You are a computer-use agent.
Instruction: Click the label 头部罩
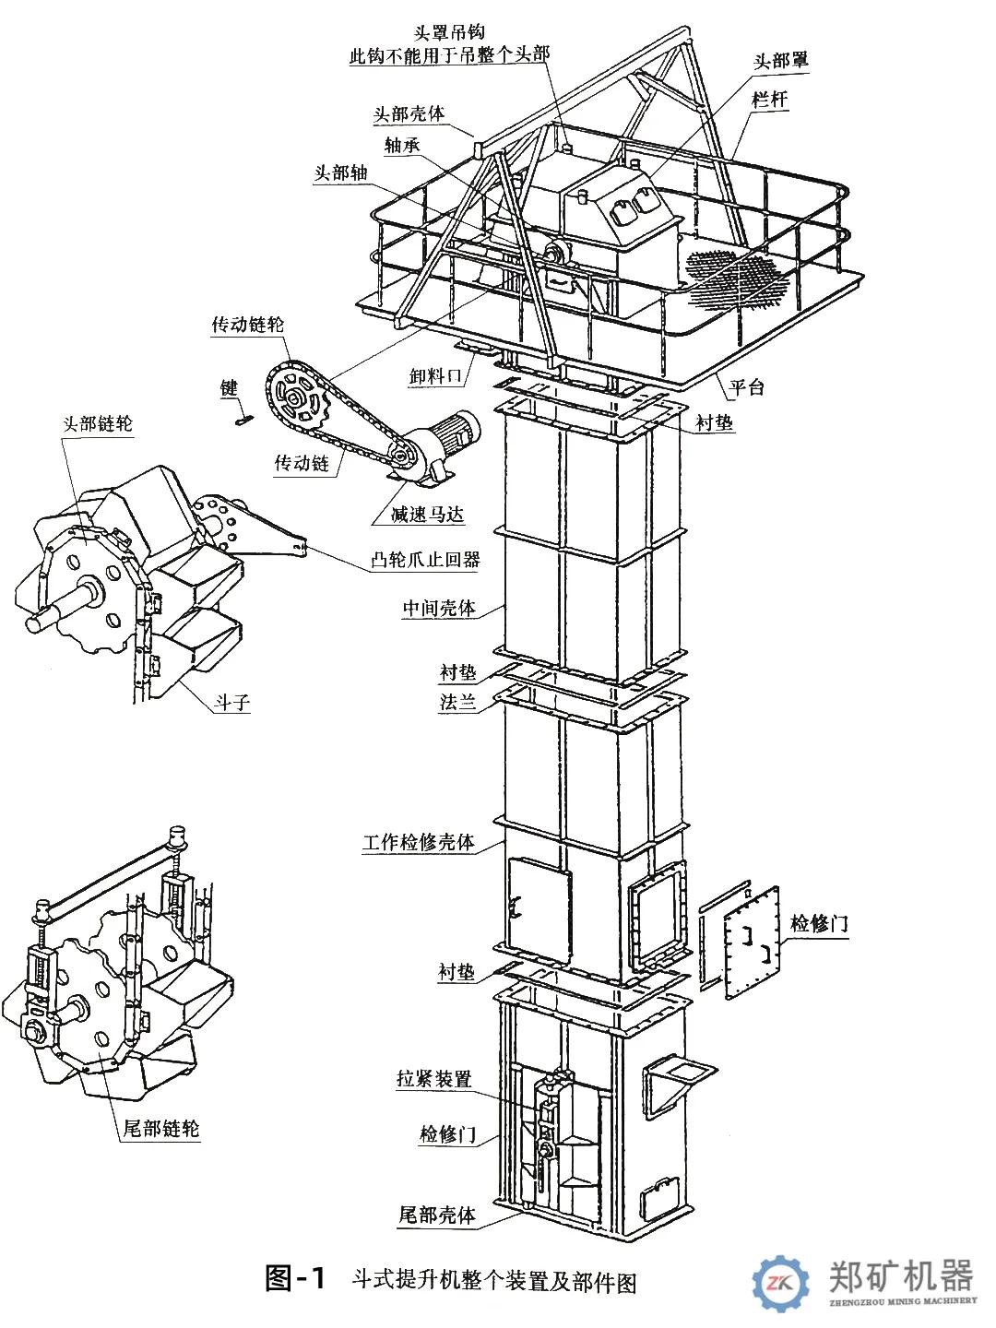coord(781,61)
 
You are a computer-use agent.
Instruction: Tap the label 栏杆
coord(770,100)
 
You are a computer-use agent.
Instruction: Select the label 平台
coord(747,387)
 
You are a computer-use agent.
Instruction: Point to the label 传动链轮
coord(248,325)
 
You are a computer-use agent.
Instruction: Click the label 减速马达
coord(427,514)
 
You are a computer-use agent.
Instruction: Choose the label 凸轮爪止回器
coord(425,559)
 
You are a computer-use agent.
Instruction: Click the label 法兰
coord(457,702)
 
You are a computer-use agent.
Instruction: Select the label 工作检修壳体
coord(419,842)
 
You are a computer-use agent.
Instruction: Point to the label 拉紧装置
coord(433,1078)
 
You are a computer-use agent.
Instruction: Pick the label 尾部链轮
coord(161,1129)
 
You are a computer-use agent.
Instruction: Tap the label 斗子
coord(232,702)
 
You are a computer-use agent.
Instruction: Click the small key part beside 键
coord(243,421)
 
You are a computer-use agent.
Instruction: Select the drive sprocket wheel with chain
coord(298,400)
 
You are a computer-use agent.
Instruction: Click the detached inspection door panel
coord(752,942)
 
